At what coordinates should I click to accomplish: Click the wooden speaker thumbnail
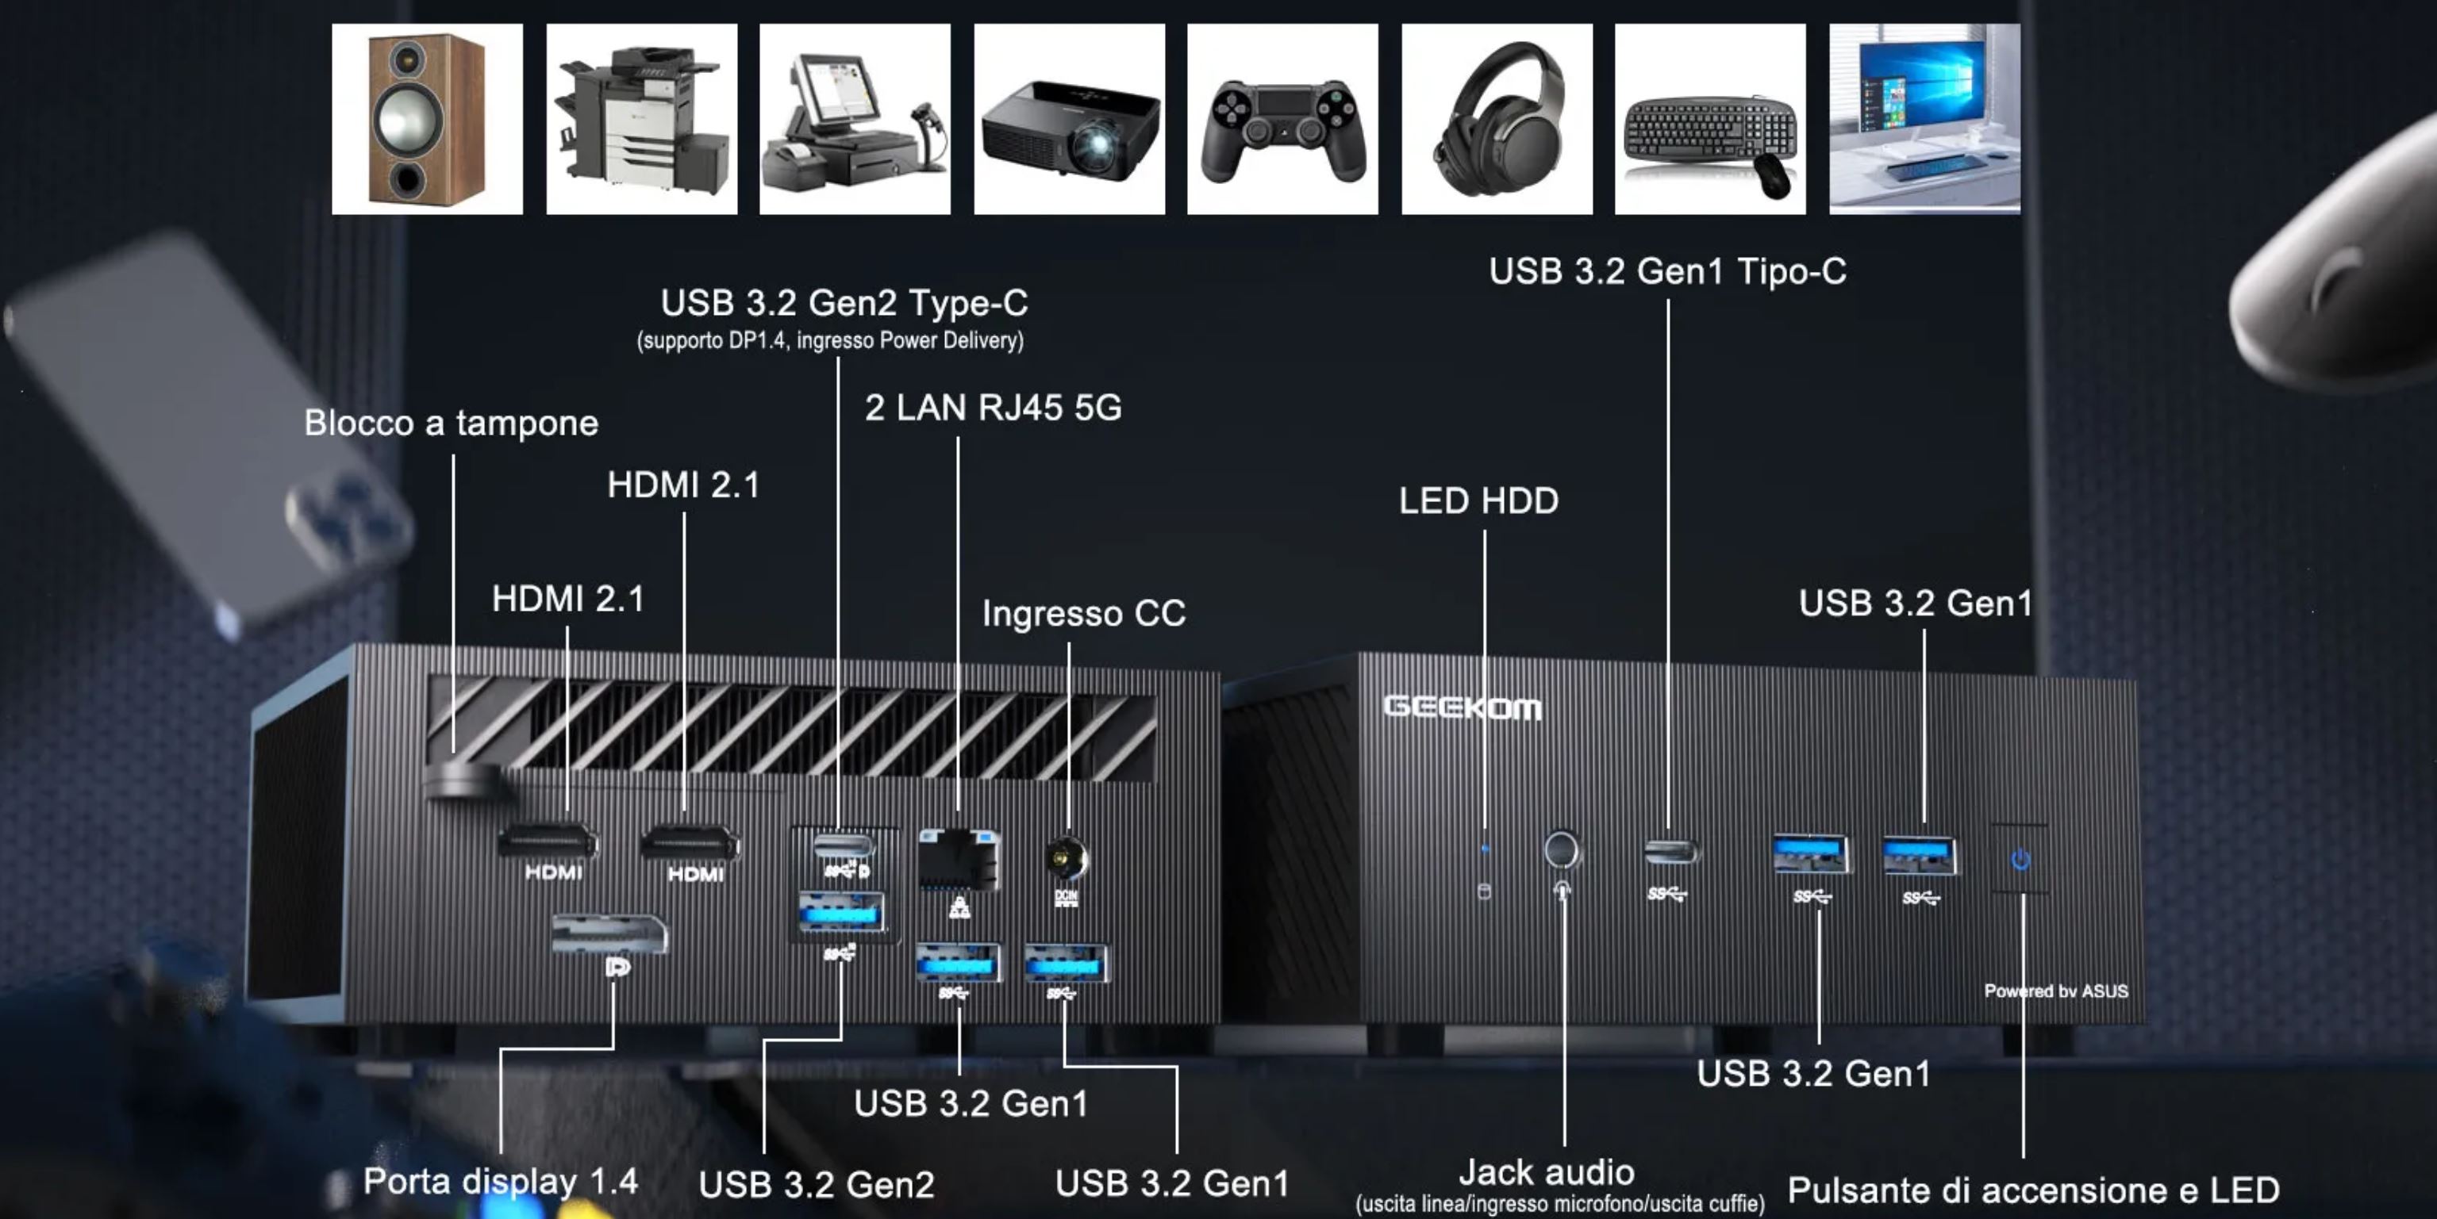pyautogui.click(x=427, y=119)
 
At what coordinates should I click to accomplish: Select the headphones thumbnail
pyautogui.click(x=1497, y=119)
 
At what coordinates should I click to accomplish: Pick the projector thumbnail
pyautogui.click(x=1069, y=119)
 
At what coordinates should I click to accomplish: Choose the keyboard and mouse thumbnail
pyautogui.click(x=1709, y=119)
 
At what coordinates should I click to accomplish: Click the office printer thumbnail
pyautogui.click(x=641, y=119)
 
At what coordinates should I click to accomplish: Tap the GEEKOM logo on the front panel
pyautogui.click(x=1462, y=707)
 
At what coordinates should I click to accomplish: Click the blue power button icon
pyautogui.click(x=2020, y=860)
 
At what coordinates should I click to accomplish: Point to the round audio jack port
pyautogui.click(x=1561, y=849)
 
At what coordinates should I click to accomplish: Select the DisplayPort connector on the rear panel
pyautogui.click(x=609, y=934)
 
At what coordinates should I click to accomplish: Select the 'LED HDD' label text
pyautogui.click(x=1478, y=500)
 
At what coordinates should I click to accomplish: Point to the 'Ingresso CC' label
pyautogui.click(x=1083, y=613)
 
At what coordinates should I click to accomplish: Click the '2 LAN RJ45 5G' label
pyautogui.click(x=993, y=408)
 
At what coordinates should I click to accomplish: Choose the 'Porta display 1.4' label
pyautogui.click(x=501, y=1181)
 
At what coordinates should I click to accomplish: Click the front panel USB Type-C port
pyautogui.click(x=1670, y=851)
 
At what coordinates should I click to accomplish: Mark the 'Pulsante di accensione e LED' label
pyautogui.click(x=2033, y=1190)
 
